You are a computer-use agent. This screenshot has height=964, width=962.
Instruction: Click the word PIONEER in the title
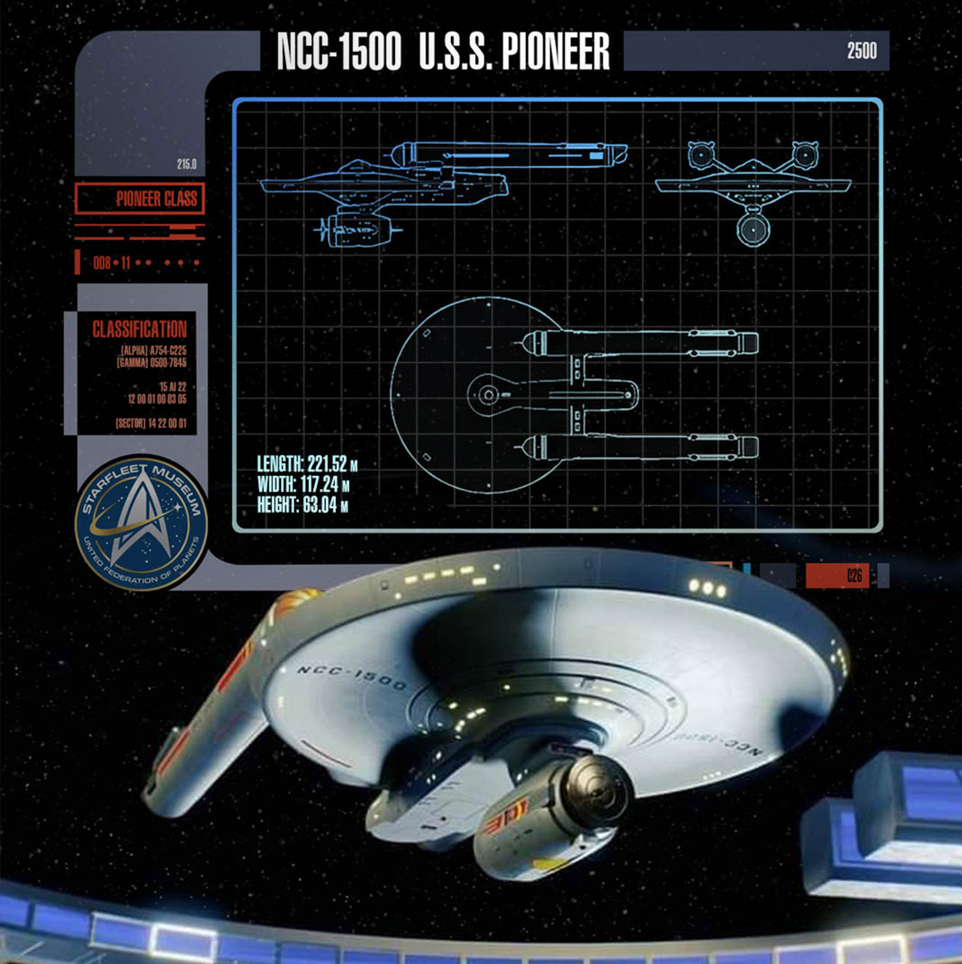tap(555, 52)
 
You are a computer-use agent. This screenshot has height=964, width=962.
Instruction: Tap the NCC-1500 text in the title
tap(339, 52)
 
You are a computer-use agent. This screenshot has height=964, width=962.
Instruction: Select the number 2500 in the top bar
tap(862, 51)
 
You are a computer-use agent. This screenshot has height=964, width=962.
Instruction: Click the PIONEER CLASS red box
tap(140, 198)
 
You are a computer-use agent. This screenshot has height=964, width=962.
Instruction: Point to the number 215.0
tap(187, 164)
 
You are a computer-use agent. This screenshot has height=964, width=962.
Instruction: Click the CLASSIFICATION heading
tap(139, 329)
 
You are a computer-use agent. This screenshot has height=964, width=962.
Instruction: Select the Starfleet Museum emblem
tap(141, 523)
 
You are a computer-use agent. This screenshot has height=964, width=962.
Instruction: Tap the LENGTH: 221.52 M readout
tap(307, 464)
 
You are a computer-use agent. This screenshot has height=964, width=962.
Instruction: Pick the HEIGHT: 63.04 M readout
tap(302, 505)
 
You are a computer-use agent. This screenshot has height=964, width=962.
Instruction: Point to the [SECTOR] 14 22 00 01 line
tap(151, 424)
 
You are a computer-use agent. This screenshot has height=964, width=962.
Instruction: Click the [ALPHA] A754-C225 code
tap(154, 351)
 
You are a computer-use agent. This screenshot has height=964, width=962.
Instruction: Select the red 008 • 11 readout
tap(111, 262)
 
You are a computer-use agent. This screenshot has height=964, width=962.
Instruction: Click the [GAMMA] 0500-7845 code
tap(152, 363)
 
